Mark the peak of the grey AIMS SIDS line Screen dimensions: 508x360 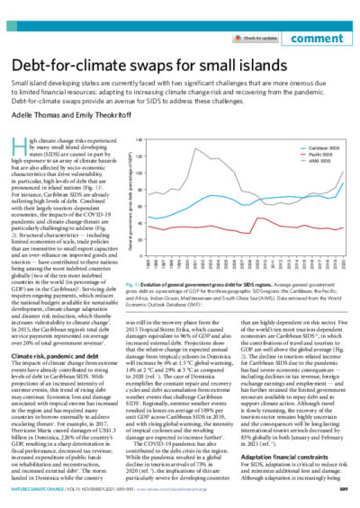click(x=197, y=148)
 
